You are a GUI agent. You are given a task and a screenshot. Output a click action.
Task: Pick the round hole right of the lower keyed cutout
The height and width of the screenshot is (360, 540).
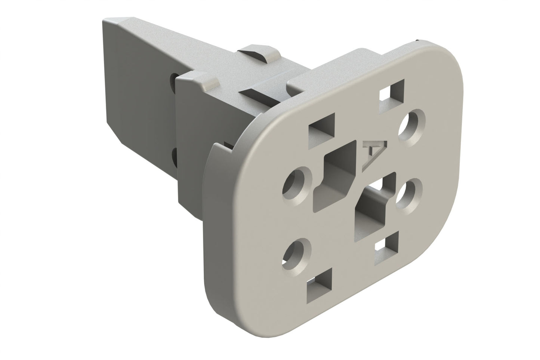[x=409, y=192]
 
